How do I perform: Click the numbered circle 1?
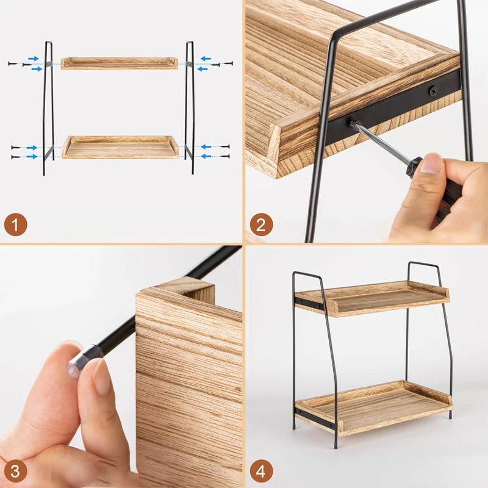pyautogui.click(x=16, y=224)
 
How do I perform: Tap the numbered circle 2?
pyautogui.click(x=261, y=224)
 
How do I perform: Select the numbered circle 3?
pyautogui.click(x=16, y=471)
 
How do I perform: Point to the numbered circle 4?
pyautogui.click(x=261, y=471)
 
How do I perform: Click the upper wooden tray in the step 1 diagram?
pyautogui.click(x=119, y=63)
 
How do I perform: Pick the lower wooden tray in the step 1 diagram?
pyautogui.click(x=120, y=147)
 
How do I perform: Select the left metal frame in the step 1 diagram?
pyautogui.click(x=48, y=107)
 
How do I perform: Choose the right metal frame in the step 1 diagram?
pyautogui.click(x=190, y=107)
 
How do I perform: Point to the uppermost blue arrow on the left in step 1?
pyautogui.click(x=34, y=59)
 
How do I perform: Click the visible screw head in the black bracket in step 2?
pyautogui.click(x=433, y=91)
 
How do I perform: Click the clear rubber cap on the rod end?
pyautogui.click(x=82, y=358)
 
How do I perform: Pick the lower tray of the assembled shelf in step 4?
pyautogui.click(x=374, y=407)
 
